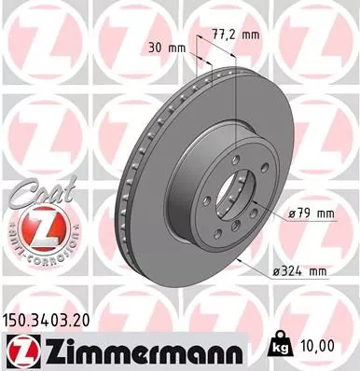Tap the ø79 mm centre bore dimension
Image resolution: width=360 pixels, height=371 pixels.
(311, 214)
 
